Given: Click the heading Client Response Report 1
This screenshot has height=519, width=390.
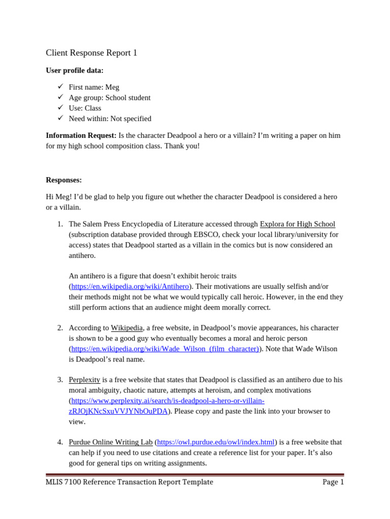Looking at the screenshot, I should click(91, 53).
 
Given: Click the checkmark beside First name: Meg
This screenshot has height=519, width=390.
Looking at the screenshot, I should click(60, 87).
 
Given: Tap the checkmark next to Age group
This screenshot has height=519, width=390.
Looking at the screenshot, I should click(60, 97).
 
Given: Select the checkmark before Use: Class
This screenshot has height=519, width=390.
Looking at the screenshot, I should click(60, 108).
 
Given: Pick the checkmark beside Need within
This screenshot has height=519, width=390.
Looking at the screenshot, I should click(60, 119).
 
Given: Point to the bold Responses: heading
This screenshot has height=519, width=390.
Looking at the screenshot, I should click(63, 180).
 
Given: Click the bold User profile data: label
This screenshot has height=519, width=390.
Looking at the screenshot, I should click(75, 70).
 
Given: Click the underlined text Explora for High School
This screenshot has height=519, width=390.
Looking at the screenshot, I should click(298, 224).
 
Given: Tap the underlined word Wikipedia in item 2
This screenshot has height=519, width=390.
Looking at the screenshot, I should click(127, 328).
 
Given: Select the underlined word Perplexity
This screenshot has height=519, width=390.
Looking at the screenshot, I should click(84, 380).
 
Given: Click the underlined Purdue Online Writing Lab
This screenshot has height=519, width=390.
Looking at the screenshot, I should click(110, 442).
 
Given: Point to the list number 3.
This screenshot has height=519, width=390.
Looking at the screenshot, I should click(59, 380).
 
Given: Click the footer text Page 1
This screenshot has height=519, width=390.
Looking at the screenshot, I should click(333, 482).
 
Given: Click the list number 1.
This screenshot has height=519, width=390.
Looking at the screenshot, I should click(59, 224).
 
